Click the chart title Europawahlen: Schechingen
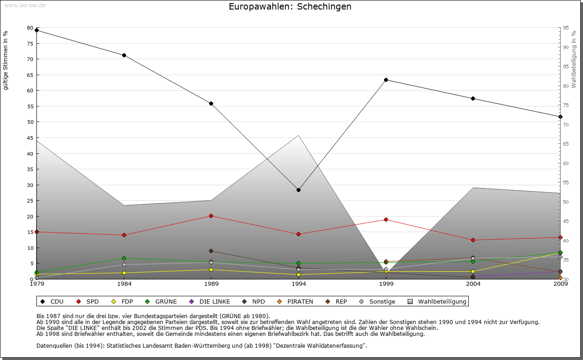click(290, 7)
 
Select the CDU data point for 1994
click(298, 190)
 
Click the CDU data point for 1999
click(386, 80)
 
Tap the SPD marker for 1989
click(211, 216)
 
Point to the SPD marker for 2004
click(473, 240)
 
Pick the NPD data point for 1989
click(211, 251)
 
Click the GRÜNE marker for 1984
click(124, 258)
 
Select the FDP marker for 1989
click(211, 269)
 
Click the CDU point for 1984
click(124, 56)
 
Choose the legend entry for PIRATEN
click(296, 301)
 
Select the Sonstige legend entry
click(378, 301)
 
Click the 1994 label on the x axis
click(298, 284)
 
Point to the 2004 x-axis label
click(473, 284)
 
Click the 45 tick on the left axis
click(30, 138)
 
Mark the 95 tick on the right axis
click(565, 28)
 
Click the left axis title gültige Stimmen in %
click(6, 61)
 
